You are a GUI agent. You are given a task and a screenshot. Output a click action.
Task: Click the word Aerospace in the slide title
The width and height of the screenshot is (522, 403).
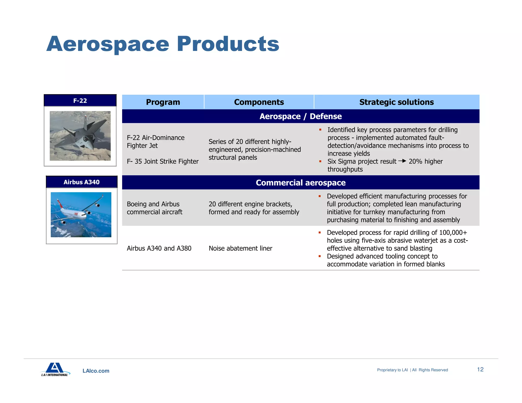click(108, 44)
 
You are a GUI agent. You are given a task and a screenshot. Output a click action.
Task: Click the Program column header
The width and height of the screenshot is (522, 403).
click(163, 102)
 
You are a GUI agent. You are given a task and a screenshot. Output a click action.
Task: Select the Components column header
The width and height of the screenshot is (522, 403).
click(259, 102)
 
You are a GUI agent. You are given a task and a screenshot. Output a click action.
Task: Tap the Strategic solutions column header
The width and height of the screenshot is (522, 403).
click(396, 102)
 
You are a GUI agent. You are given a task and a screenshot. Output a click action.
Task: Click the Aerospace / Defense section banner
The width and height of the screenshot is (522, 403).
click(301, 116)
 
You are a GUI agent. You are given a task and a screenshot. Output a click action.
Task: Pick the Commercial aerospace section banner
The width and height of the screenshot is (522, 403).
click(301, 183)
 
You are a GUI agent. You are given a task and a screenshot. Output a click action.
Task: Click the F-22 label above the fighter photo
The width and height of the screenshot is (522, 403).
click(80, 101)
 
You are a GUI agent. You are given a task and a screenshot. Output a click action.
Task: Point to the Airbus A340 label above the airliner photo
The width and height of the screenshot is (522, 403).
click(82, 182)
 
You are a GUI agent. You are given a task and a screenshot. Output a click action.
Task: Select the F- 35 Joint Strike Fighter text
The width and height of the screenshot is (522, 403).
click(163, 162)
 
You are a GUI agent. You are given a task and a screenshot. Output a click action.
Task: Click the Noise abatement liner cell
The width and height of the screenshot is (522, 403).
click(240, 248)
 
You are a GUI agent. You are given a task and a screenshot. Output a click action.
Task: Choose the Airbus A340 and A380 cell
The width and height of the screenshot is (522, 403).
click(159, 248)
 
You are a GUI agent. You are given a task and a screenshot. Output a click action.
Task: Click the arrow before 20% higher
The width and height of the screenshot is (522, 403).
click(402, 161)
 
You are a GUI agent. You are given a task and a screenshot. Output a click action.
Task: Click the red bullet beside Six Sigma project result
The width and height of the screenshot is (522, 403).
click(320, 162)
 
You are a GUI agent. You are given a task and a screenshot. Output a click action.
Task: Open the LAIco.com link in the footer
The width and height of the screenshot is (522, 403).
click(96, 371)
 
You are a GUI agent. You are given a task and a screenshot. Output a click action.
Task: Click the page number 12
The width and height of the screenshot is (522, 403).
click(480, 369)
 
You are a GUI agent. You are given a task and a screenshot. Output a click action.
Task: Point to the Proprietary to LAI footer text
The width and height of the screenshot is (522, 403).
click(392, 370)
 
